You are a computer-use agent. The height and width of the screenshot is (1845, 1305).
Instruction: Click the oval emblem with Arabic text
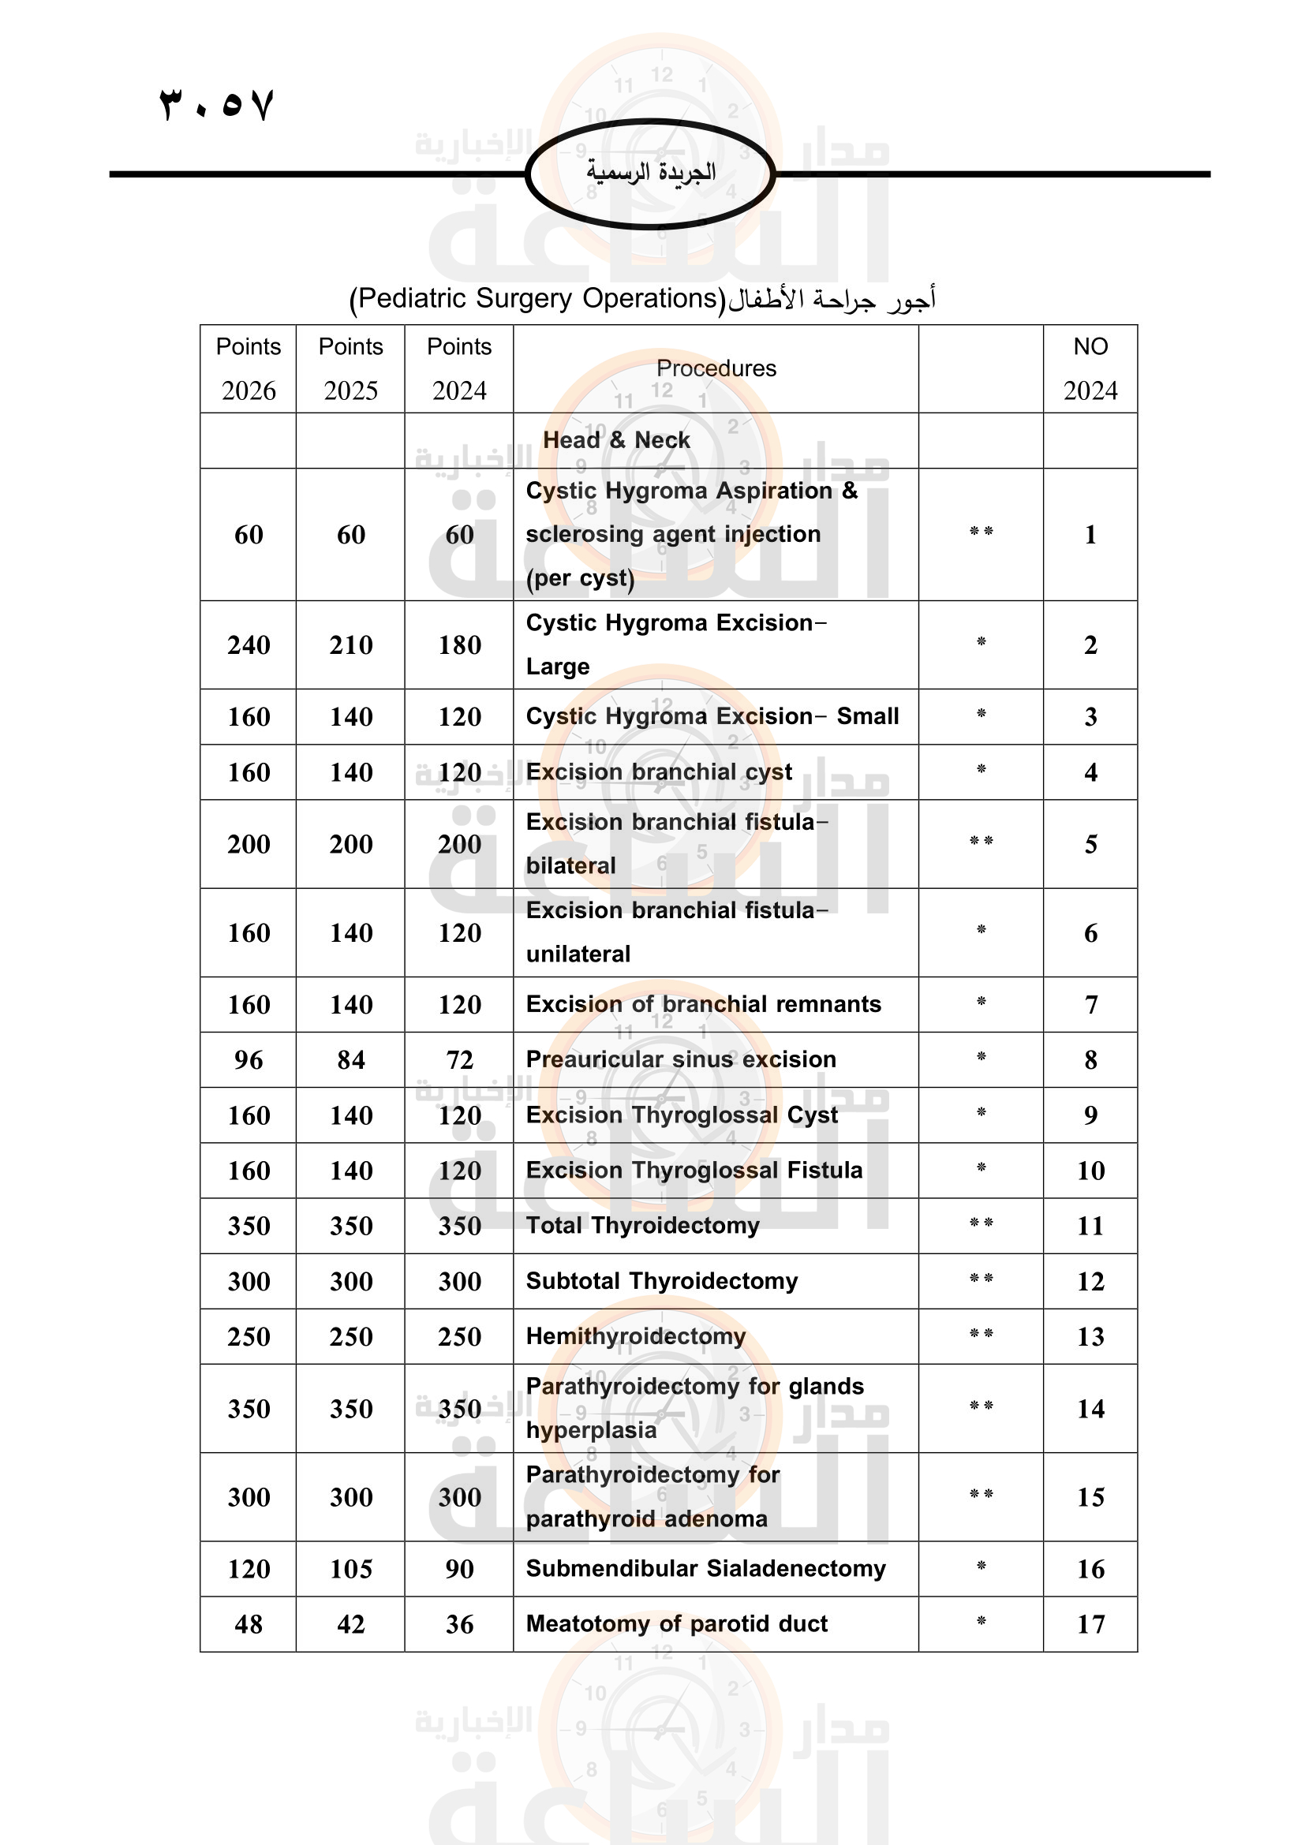tap(650, 173)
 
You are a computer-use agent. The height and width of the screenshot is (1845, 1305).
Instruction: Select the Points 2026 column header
tap(249, 368)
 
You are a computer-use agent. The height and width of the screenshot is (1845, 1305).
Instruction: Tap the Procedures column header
tap(716, 368)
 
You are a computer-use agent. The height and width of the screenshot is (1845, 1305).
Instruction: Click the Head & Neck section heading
tap(616, 440)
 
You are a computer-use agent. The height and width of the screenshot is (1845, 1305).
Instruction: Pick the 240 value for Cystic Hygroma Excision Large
tap(249, 644)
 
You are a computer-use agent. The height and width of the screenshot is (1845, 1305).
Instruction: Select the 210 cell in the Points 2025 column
tap(351, 644)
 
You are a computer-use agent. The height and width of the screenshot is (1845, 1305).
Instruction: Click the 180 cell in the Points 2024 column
tap(460, 644)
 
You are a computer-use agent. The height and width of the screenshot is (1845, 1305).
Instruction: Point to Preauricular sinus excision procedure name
tap(681, 1059)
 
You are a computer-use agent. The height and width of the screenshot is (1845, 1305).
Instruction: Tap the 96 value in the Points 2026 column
tap(249, 1060)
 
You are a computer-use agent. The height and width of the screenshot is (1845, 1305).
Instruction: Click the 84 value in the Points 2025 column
tap(351, 1060)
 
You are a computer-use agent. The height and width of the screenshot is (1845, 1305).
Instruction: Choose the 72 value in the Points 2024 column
tap(460, 1060)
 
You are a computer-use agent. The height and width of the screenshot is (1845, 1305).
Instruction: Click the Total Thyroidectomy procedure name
tap(642, 1226)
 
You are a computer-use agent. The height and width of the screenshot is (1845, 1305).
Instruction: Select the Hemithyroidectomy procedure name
tap(636, 1336)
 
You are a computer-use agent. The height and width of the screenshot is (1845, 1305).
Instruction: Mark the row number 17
tap(1090, 1624)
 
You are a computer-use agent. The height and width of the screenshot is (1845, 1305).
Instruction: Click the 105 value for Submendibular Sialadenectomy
tap(351, 1569)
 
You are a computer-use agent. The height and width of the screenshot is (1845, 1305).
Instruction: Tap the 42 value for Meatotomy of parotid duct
tap(351, 1624)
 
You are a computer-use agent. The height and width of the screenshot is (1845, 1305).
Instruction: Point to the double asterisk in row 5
tap(982, 842)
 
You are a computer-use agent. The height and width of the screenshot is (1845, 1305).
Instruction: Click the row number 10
tap(1090, 1171)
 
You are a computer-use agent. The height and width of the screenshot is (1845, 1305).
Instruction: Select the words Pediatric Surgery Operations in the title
tap(537, 298)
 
